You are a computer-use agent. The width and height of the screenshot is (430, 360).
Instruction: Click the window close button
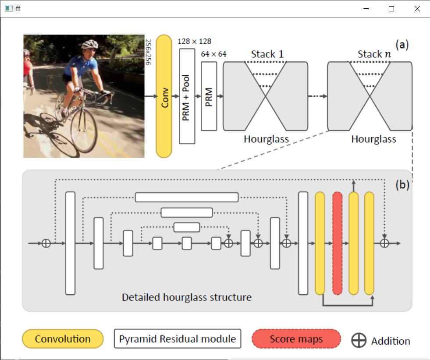tap(416, 9)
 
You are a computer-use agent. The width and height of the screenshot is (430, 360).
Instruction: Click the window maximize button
tap(391, 9)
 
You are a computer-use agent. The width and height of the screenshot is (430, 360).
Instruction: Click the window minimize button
tap(367, 9)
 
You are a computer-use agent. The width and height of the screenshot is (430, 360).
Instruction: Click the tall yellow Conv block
tap(164, 96)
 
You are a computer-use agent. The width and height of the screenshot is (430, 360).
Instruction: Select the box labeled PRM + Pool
tap(187, 96)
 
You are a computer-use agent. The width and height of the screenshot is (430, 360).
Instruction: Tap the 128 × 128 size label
tap(195, 42)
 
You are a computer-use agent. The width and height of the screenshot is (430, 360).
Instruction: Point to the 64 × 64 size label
tap(213, 54)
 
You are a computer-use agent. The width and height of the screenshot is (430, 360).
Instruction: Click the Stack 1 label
tap(267, 54)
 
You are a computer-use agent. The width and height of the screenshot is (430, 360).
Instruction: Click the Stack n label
tap(375, 54)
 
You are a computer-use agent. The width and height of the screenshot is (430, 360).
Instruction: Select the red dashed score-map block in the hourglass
tap(337, 243)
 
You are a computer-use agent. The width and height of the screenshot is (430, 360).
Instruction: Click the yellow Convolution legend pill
tap(63, 339)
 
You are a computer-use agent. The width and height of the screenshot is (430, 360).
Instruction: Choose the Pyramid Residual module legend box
tap(178, 339)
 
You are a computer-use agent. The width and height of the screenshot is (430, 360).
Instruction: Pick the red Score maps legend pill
tap(296, 339)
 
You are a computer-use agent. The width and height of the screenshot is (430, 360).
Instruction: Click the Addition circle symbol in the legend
tap(359, 340)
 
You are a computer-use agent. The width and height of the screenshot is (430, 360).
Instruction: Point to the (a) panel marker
tap(402, 45)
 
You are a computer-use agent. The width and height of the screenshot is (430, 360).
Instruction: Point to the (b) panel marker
tap(402, 185)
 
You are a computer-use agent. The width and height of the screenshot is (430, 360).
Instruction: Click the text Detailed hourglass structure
tap(187, 297)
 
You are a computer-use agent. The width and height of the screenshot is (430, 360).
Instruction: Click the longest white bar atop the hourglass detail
tap(187, 197)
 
